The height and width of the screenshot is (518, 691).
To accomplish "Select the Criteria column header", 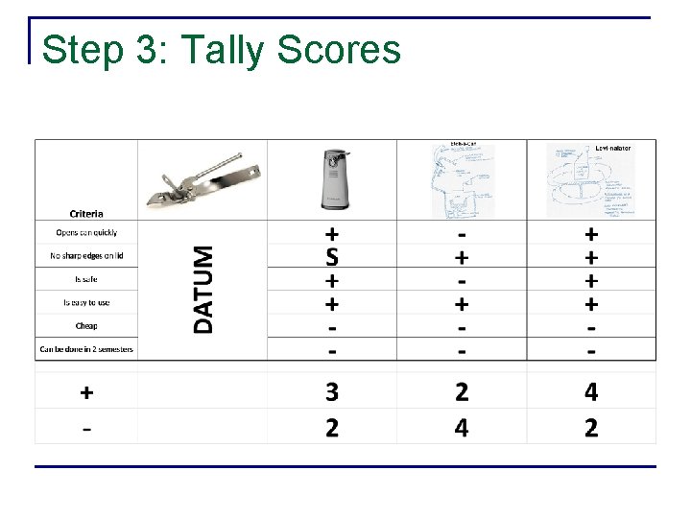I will pos(86,213).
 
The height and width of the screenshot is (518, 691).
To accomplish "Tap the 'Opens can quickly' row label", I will pos(86,232).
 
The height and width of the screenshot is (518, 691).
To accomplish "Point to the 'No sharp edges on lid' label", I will pos(86,255).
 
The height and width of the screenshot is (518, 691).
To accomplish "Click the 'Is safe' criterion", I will pos(86,279).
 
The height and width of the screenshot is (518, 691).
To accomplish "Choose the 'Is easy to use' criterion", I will pos(86,302).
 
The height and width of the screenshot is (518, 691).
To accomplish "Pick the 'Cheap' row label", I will pos(86,325).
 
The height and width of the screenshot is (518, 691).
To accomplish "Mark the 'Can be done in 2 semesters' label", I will pos(86,349).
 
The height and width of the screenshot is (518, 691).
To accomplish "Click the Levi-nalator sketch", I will pos(591,179).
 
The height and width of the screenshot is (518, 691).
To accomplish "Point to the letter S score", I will pos(332,257).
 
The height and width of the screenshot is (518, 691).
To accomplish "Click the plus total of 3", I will pos(332,392).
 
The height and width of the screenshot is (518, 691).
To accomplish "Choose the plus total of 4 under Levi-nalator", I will pos(591,392).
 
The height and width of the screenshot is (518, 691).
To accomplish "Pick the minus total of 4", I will pos(462,427).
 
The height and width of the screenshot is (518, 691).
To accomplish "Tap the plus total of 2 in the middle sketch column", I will pos(462,392).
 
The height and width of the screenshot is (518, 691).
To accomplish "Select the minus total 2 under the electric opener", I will pos(332,427).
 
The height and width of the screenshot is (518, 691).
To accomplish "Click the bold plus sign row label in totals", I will pos(86,392).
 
